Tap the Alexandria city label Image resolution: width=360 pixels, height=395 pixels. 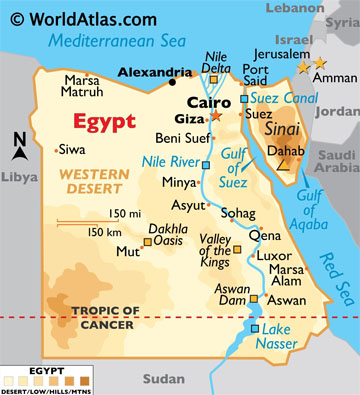(x=155, y=73)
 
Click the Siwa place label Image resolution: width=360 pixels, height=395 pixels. (x=73, y=151)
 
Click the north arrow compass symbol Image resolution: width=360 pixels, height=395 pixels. (x=20, y=147)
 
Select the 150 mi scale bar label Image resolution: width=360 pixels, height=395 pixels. (x=126, y=214)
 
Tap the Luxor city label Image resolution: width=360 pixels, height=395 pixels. (x=275, y=255)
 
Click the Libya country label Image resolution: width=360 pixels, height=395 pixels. (x=19, y=176)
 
